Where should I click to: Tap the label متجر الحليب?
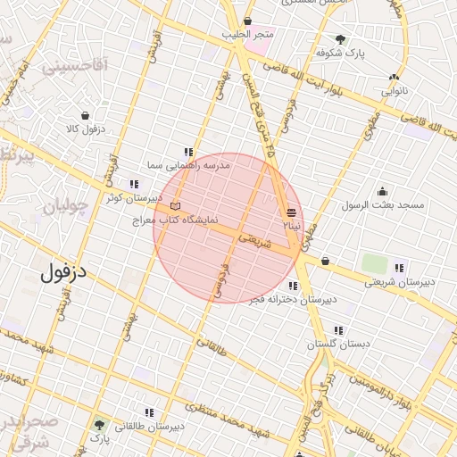click(x=248, y=34)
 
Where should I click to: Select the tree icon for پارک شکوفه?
click(x=340, y=38)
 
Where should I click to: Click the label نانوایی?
click(x=395, y=91)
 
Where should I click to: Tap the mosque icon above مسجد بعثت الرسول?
click(x=383, y=191)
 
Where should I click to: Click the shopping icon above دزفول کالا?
click(x=85, y=115)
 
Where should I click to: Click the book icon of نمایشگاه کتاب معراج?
click(x=175, y=206)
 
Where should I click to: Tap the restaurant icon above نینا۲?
click(x=292, y=212)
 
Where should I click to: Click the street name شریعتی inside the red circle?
click(x=254, y=239)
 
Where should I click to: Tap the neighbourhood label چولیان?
click(x=65, y=207)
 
